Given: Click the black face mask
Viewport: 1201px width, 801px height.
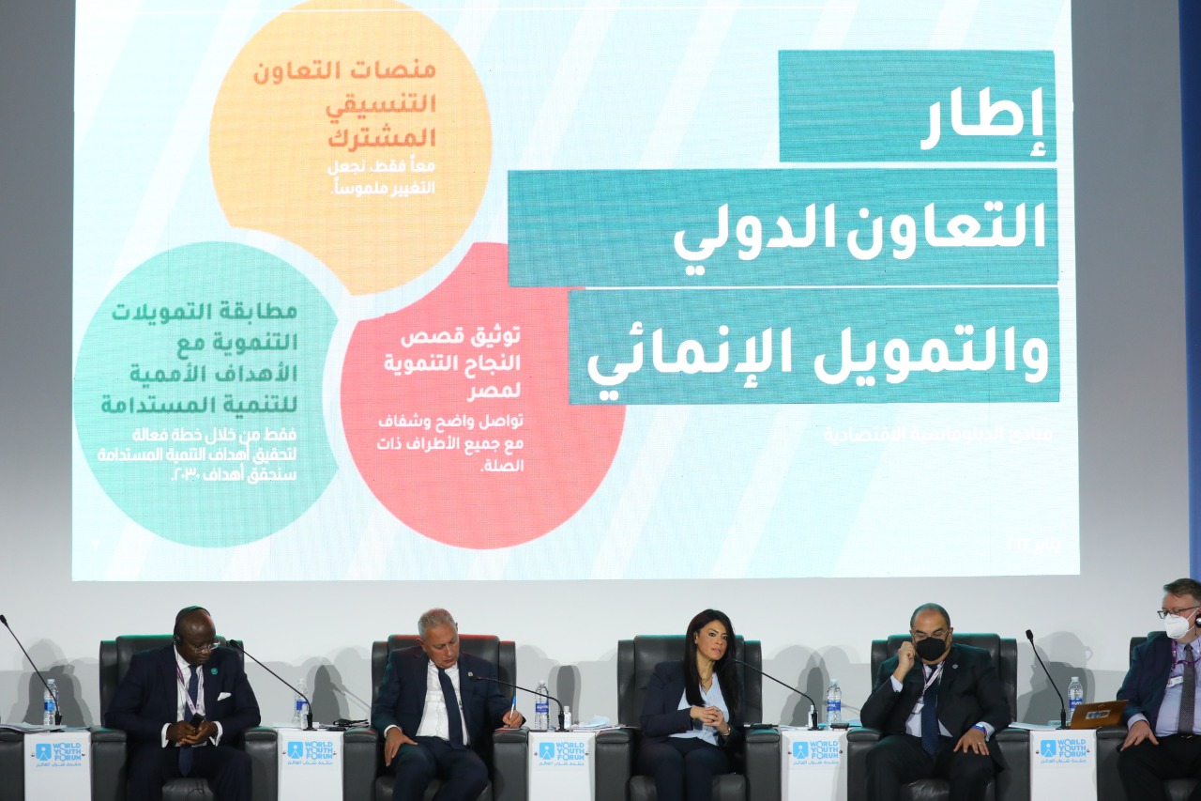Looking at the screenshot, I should pyautogui.click(x=931, y=648).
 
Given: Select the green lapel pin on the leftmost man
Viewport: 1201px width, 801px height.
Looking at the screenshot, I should pyautogui.click(x=217, y=669).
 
